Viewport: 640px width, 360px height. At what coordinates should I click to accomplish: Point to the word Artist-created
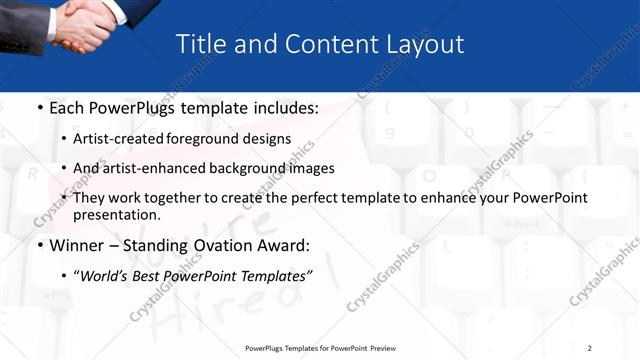click(x=121, y=139)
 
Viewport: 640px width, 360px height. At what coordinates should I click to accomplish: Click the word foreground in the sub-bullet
click(x=210, y=139)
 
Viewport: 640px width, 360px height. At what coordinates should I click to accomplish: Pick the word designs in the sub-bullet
click(x=269, y=139)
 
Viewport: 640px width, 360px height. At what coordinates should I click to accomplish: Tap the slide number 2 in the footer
click(x=589, y=347)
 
